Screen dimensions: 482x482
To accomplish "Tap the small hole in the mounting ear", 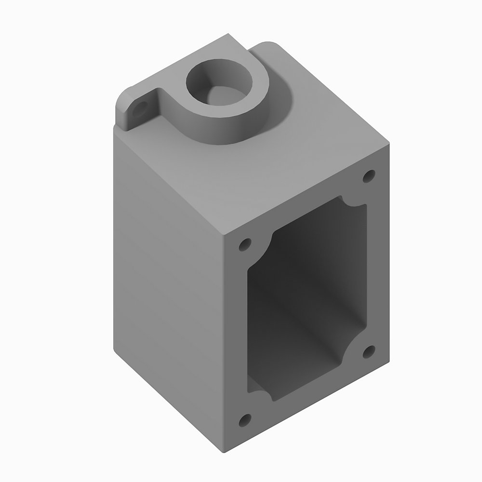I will [x=140, y=108].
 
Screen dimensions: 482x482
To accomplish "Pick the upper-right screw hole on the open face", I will [x=369, y=175].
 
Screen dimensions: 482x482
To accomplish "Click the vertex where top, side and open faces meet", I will [x=225, y=235].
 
